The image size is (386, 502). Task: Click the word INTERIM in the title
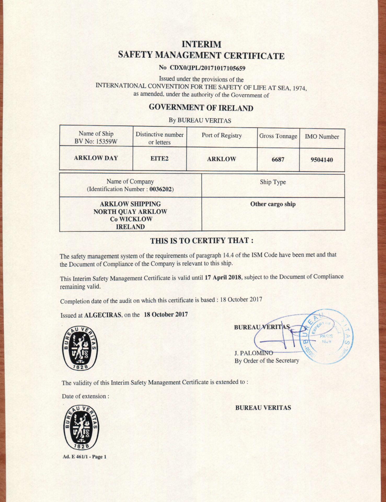click(201, 44)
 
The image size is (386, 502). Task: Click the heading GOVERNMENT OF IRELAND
click(201, 108)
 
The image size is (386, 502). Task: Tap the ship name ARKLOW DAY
click(96, 158)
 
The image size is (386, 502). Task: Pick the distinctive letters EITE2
click(159, 159)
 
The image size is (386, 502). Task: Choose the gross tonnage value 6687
click(278, 159)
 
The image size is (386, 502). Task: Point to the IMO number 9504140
click(322, 160)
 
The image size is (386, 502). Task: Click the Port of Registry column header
click(222, 135)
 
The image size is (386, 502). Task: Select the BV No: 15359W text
click(96, 142)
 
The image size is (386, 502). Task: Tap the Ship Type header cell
click(273, 182)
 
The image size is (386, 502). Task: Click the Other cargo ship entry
click(273, 204)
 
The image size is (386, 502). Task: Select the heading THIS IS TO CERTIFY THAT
click(202, 241)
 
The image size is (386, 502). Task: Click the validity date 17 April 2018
click(223, 277)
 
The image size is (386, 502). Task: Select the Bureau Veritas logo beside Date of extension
click(80, 428)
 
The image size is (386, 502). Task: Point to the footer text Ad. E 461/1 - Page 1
click(84, 457)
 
